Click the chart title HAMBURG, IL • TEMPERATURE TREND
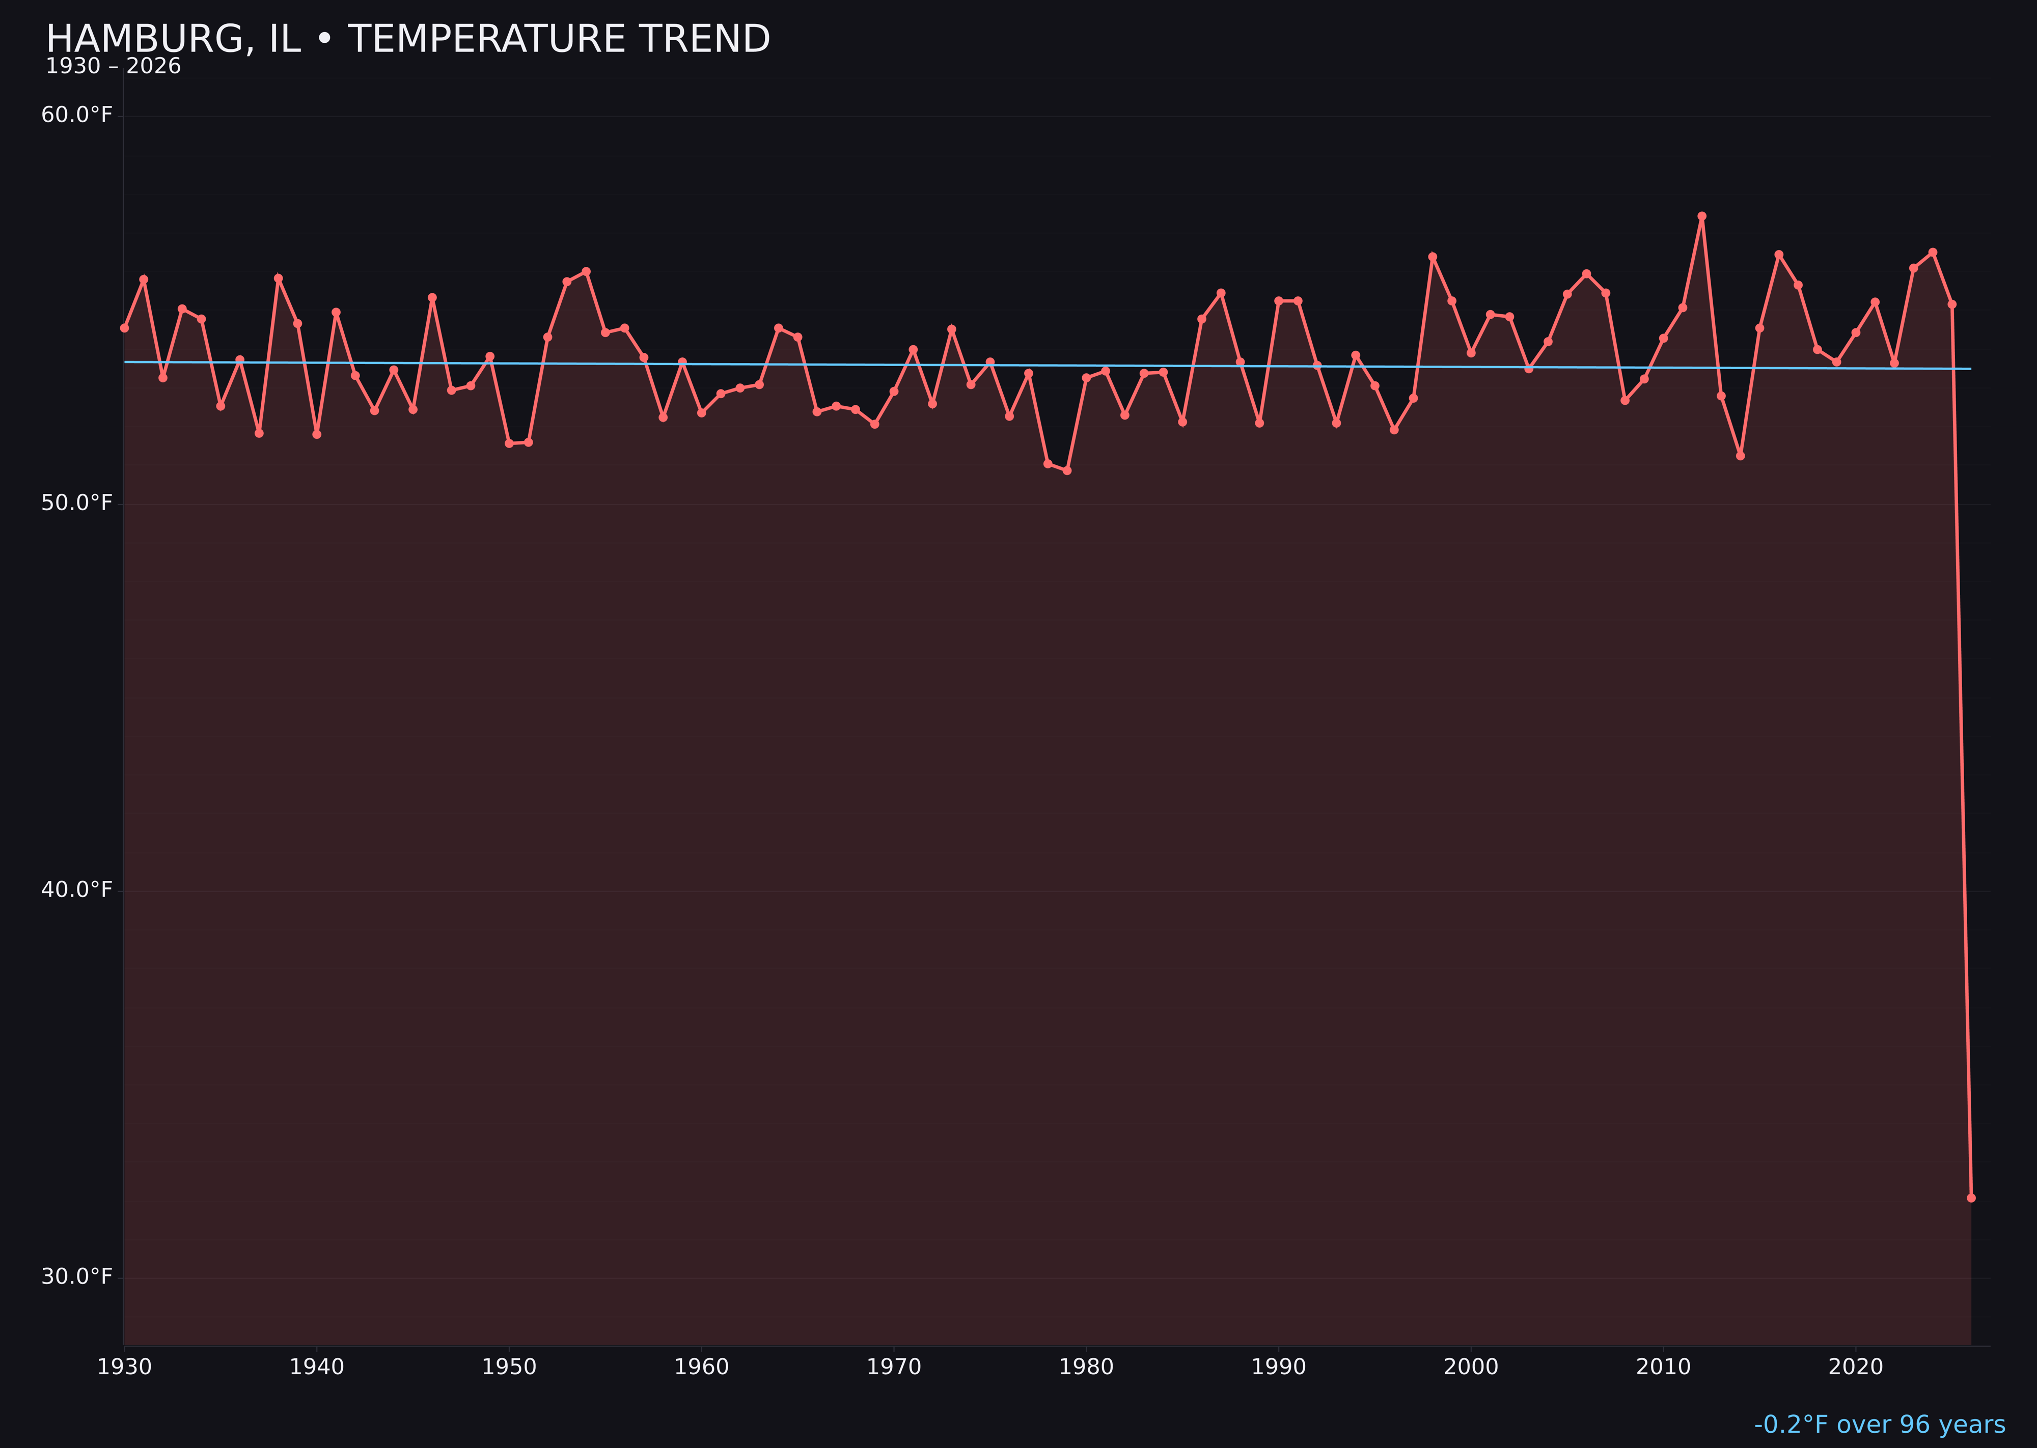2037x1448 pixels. (x=407, y=39)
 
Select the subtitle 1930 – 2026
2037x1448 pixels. (x=113, y=67)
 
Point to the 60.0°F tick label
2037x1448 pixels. (x=77, y=115)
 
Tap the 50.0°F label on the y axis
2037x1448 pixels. (x=77, y=503)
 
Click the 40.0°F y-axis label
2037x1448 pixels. (x=77, y=890)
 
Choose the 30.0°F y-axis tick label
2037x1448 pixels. (x=77, y=1277)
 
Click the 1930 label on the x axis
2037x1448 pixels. (x=125, y=1367)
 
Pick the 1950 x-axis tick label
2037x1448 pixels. (x=509, y=1367)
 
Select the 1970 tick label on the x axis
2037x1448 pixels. (x=894, y=1367)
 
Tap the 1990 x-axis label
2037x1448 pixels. (x=1278, y=1367)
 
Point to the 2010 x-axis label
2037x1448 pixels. (x=1663, y=1367)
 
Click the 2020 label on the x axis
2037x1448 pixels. (x=1855, y=1367)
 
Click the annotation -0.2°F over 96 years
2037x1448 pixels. (x=1879, y=1425)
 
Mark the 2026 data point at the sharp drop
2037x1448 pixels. (x=1971, y=1198)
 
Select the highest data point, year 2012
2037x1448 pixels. (x=1702, y=216)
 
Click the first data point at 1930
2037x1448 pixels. (x=125, y=328)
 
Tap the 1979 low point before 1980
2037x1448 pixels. (x=1067, y=470)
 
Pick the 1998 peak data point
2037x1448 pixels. (x=1433, y=257)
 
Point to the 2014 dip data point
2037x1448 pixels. (x=1740, y=456)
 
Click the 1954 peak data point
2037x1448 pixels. (x=586, y=271)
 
